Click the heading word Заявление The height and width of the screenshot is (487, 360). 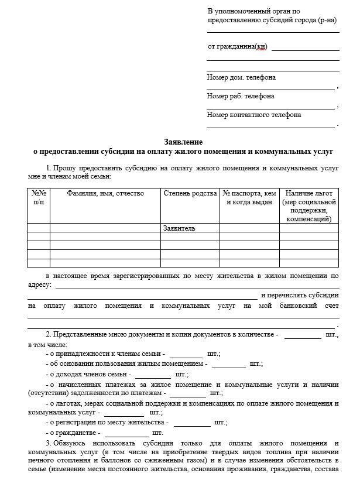coord(183,142)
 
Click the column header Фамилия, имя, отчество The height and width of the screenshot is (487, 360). coord(105,194)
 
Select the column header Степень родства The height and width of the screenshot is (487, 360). coord(190,194)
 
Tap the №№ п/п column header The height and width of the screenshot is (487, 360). coord(39,198)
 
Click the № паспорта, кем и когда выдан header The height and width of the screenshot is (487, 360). coord(249,198)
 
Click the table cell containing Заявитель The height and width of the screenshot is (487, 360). coord(180,228)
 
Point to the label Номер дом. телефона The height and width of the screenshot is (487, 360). coord(241,78)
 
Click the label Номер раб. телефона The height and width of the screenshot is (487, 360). coord(241,97)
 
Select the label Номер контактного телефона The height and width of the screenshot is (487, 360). coord(254,115)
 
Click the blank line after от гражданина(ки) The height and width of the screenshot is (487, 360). coord(305,49)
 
